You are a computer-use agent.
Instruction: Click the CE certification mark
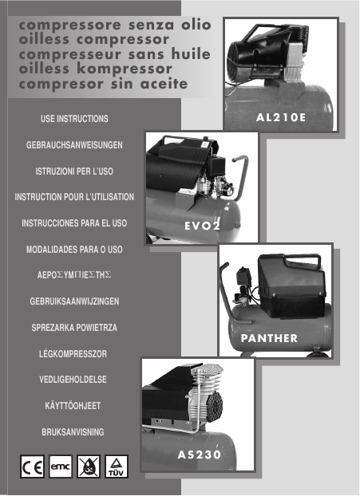pos(32,466)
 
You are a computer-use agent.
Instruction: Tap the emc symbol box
pos(61,466)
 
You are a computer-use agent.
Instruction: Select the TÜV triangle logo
pos(117,466)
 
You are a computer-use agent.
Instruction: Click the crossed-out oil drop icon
pos(89,466)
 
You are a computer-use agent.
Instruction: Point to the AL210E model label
pos(281,118)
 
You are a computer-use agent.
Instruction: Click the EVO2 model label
pos(202,226)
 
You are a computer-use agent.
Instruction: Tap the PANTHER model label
pos(269,338)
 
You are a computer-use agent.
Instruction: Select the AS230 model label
pos(199,455)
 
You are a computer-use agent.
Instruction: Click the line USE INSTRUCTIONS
pos(74,119)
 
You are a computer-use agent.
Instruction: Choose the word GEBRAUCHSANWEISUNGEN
pos(74,145)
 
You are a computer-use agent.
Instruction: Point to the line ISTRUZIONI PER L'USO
pos(74,171)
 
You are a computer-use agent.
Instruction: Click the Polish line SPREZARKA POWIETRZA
pos(74,328)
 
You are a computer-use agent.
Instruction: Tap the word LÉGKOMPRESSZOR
pos(73,353)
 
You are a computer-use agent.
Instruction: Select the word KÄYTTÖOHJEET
pos(73,405)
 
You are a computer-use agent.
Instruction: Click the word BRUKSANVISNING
pos(73,431)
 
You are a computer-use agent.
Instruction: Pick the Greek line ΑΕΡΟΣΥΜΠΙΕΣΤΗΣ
pos(74,275)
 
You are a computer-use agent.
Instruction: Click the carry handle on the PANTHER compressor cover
pos(303,258)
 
